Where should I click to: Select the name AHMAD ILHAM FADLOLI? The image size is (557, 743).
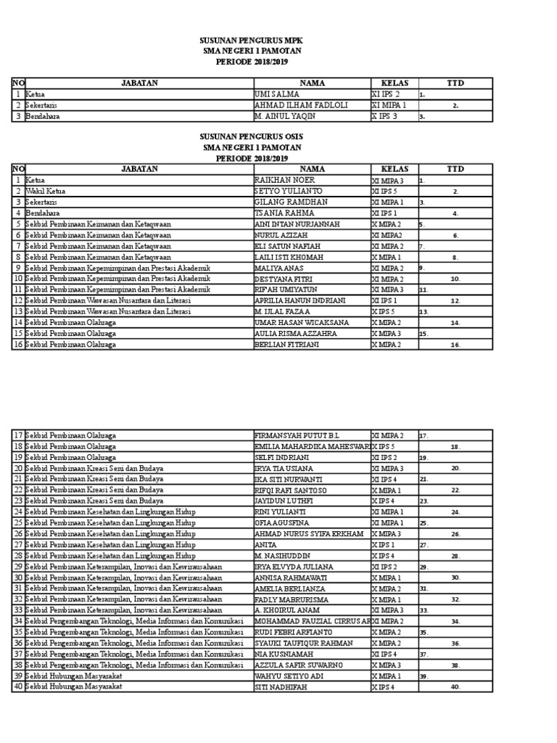coord(301,104)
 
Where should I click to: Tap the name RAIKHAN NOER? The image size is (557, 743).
coord(284,180)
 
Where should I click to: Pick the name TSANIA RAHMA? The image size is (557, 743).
coord(284,213)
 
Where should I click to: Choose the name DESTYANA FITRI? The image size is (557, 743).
coord(283,279)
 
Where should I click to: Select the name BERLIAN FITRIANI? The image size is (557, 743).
coord(286,344)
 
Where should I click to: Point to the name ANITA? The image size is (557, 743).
coord(265,544)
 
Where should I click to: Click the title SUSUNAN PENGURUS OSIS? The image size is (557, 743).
coord(252,137)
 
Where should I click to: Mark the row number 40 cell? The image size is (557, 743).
coord(17,686)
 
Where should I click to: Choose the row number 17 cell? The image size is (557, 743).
coord(17,435)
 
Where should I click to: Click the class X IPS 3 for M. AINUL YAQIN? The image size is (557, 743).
coord(385,115)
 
